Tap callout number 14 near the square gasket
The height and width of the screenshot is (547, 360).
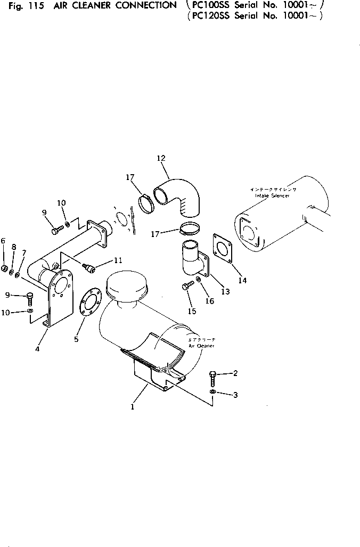[x=242, y=281]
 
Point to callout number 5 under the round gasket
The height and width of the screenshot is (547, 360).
[x=76, y=339]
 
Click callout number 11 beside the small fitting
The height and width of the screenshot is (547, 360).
[x=118, y=260]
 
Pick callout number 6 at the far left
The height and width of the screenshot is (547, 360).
[x=3, y=241]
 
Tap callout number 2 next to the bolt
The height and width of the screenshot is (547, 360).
[x=235, y=373]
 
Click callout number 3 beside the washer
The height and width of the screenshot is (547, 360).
[x=235, y=395]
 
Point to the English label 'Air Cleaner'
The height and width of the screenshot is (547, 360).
[x=201, y=346]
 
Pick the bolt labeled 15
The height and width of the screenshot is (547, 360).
[x=186, y=287]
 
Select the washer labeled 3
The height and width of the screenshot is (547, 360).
[x=212, y=393]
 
